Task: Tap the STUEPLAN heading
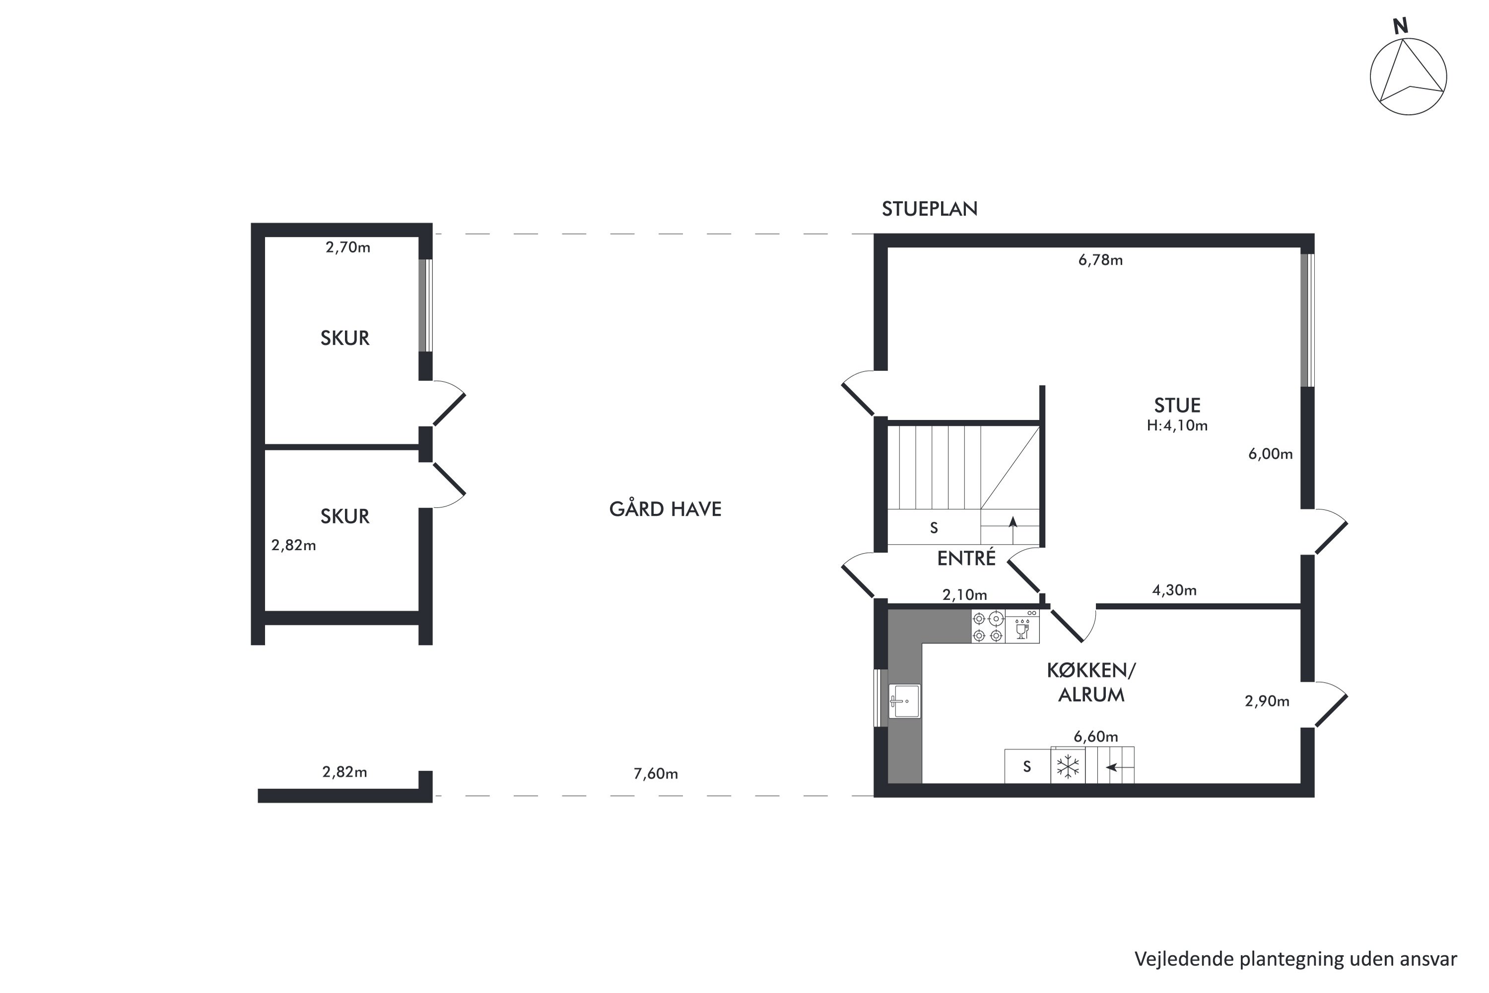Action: [x=929, y=209]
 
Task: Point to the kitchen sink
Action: [x=904, y=701]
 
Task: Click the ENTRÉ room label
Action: [x=966, y=558]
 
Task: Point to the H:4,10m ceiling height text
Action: [x=1177, y=426]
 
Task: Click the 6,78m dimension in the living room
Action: [x=1100, y=260]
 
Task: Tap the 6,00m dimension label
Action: [x=1270, y=454]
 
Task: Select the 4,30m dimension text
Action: [x=1174, y=590]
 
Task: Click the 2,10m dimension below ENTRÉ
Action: [x=964, y=595]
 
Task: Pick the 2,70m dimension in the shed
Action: [x=347, y=248]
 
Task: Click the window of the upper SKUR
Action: [x=425, y=305]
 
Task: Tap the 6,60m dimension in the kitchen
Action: [x=1096, y=736]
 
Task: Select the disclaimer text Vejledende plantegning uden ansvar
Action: [x=1295, y=959]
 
